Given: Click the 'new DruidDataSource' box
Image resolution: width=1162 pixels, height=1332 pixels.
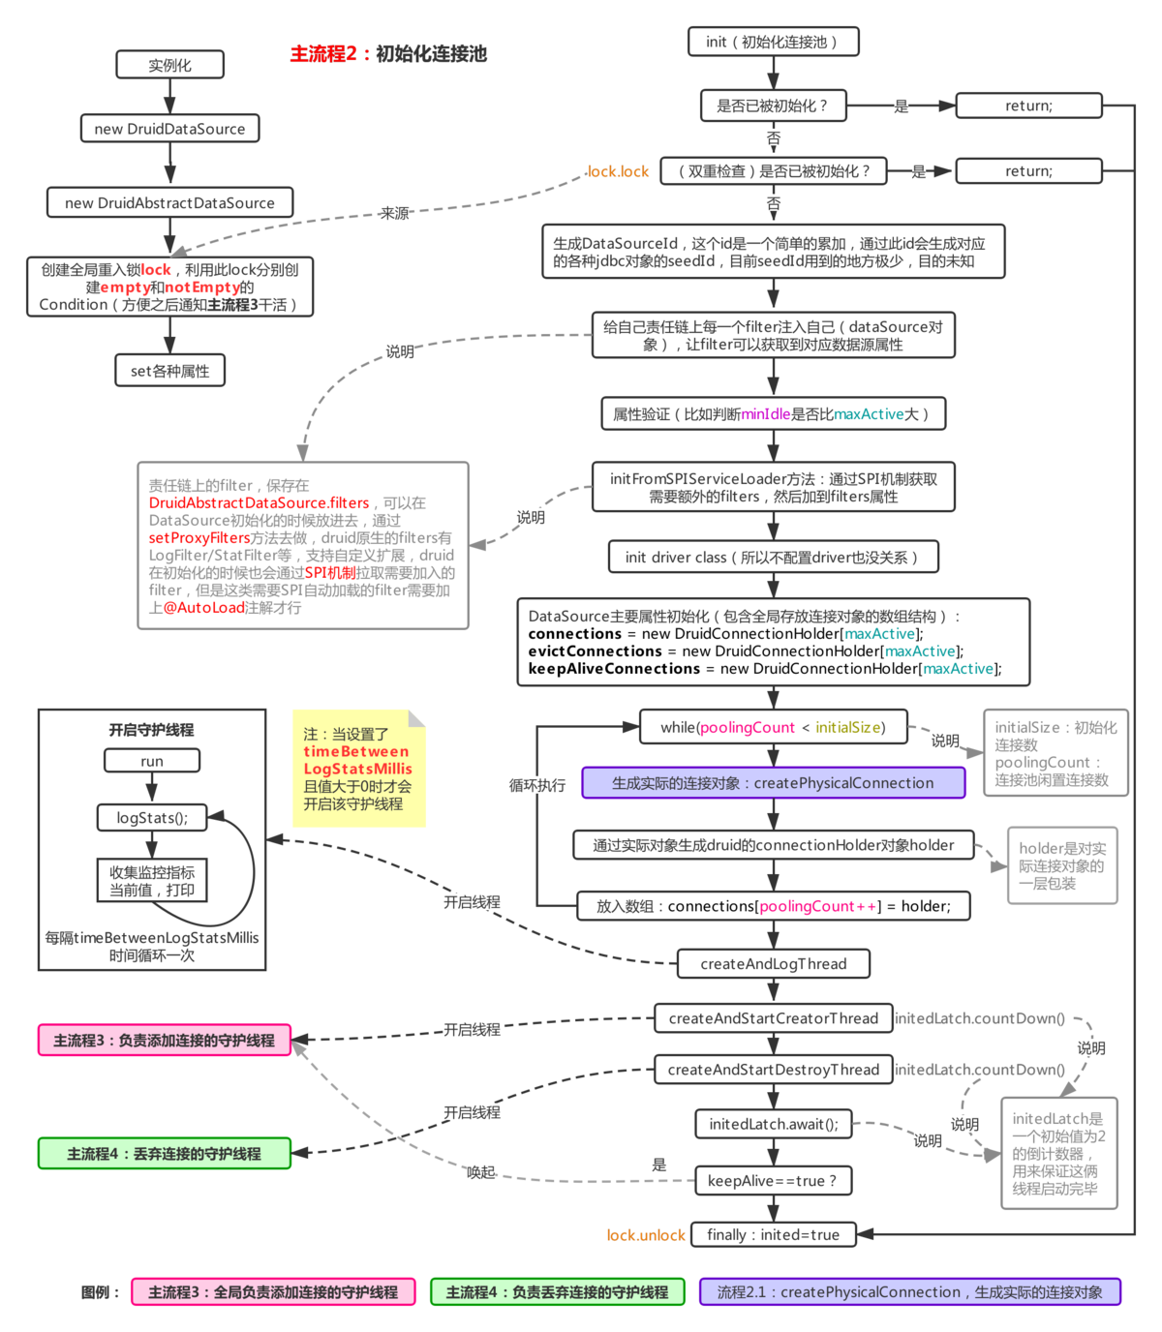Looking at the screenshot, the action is click(x=169, y=128).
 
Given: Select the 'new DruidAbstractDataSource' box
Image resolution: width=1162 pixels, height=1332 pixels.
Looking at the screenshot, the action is click(x=169, y=202).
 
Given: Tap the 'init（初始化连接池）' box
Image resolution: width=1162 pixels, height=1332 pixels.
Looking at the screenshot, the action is click(x=773, y=42).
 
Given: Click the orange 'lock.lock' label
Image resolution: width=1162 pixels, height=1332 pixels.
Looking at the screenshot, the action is click(x=617, y=171).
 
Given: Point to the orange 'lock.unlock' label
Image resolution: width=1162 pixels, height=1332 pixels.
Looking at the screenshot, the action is click(x=645, y=1235).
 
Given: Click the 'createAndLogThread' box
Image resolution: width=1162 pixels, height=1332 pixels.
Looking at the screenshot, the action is click(x=773, y=963).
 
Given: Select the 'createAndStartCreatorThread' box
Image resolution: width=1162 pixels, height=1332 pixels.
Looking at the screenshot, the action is click(x=773, y=1018).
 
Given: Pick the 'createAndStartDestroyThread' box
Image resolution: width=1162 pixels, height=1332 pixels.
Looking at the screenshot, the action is click(x=773, y=1070).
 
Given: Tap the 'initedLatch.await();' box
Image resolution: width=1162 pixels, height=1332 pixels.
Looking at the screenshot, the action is click(x=773, y=1124).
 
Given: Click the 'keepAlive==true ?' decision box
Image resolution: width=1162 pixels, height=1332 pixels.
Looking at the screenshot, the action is click(x=773, y=1180).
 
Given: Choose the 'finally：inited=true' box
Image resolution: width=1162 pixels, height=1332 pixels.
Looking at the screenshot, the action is click(x=773, y=1234).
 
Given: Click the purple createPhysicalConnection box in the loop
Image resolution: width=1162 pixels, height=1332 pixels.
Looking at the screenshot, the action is click(x=773, y=782).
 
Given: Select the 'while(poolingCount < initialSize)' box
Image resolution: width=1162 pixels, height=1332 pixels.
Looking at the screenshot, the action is click(x=773, y=727).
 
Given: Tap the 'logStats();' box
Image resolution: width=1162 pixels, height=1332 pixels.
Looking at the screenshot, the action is click(x=152, y=818).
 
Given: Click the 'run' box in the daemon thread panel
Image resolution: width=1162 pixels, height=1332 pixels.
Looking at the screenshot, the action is click(x=152, y=761).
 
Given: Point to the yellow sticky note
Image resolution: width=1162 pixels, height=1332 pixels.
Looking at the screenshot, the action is click(x=358, y=769).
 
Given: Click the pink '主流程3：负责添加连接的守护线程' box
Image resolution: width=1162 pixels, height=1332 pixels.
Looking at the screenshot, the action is click(x=164, y=1040).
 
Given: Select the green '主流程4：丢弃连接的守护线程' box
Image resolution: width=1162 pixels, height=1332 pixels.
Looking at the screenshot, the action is click(x=164, y=1154).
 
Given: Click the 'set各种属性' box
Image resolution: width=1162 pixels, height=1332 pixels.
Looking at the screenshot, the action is click(x=169, y=371).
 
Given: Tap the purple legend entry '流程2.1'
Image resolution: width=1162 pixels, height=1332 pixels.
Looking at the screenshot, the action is click(x=909, y=1291).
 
